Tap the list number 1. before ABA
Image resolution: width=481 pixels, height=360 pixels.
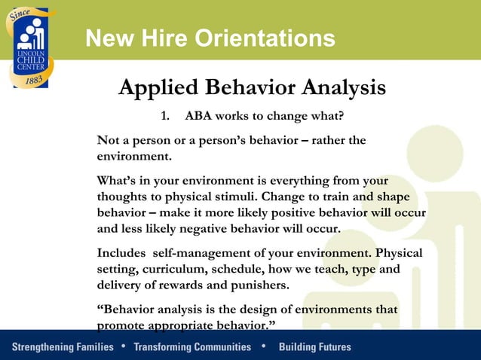coord(167,118)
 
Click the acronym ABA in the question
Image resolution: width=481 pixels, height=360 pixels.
coord(199,118)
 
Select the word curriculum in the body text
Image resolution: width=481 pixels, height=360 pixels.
coord(179,269)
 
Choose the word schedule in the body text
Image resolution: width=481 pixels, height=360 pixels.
coord(244,269)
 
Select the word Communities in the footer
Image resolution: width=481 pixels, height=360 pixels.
coord(218,347)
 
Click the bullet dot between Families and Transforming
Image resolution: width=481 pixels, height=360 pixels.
coord(123,346)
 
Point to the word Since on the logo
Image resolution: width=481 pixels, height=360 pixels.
coord(19,16)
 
